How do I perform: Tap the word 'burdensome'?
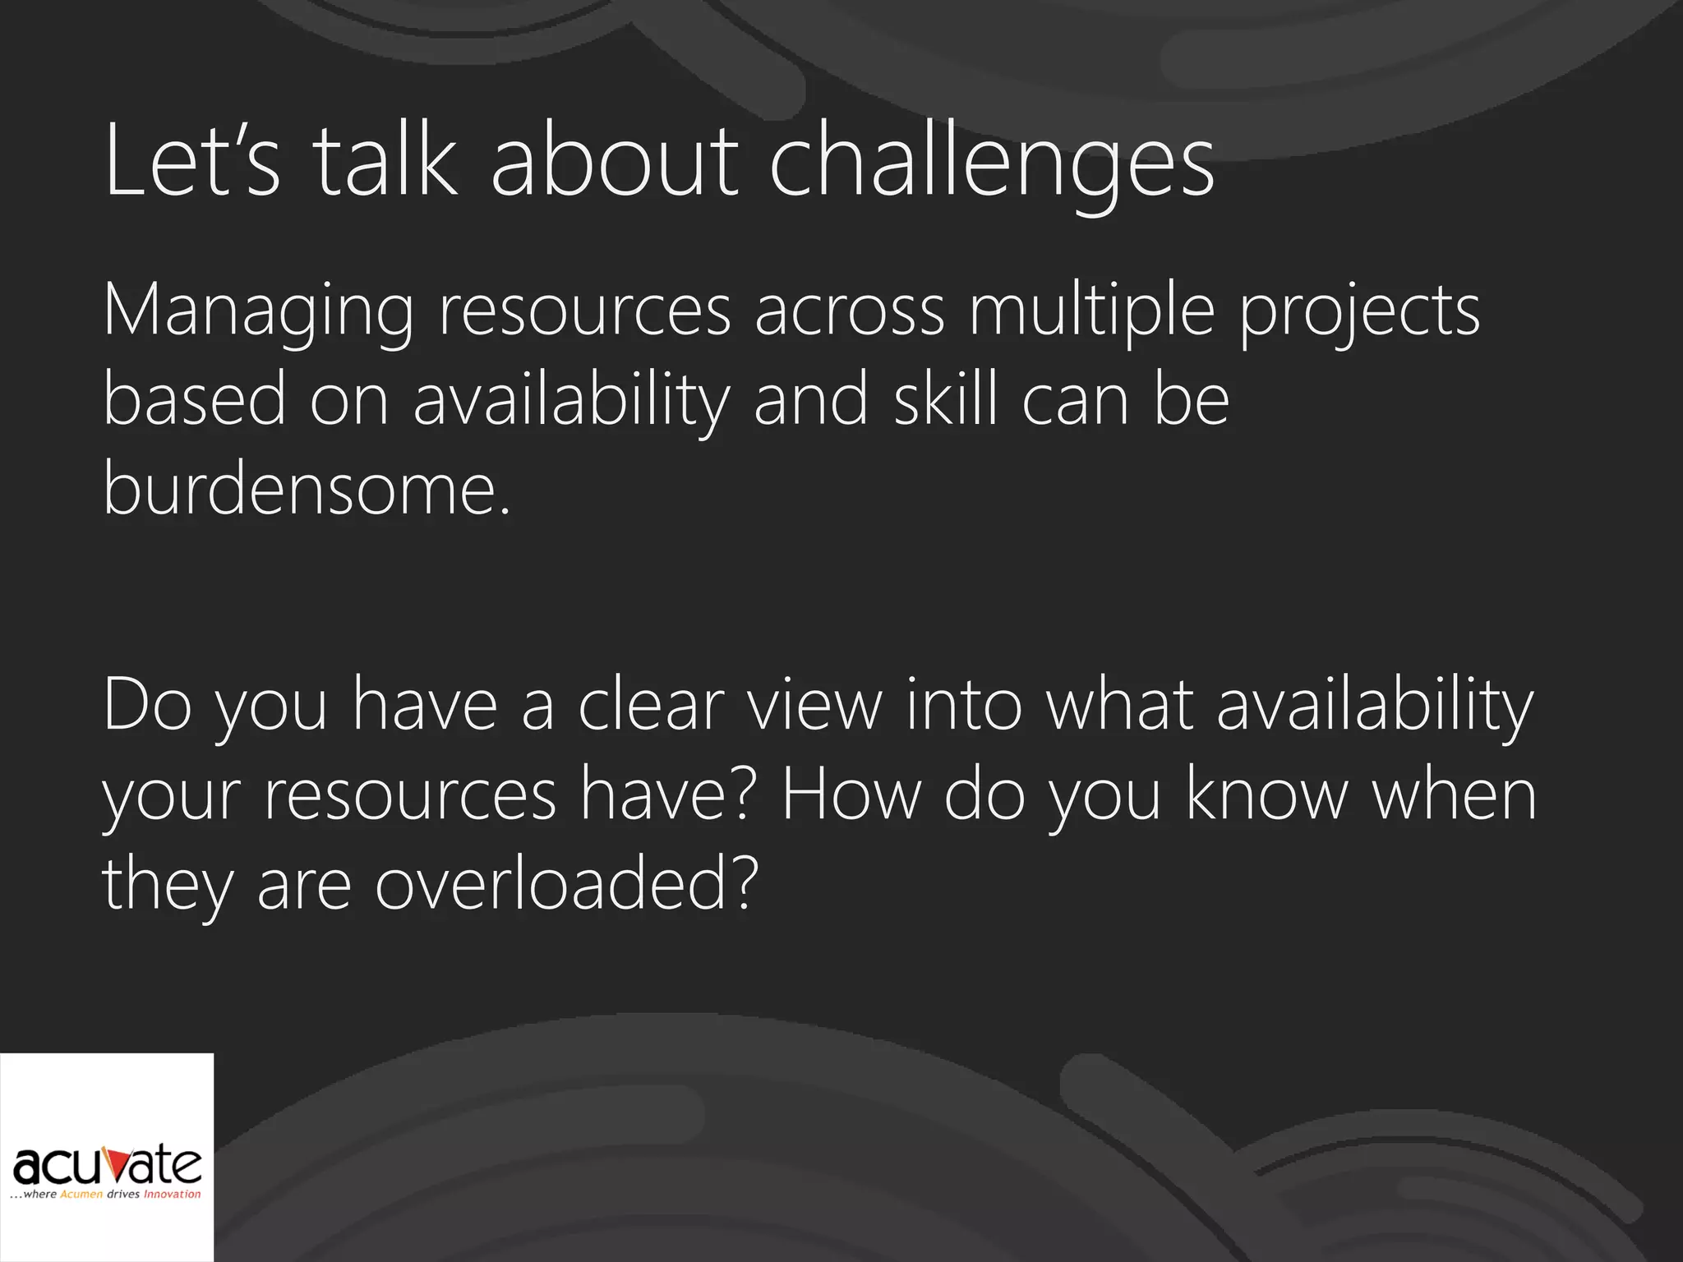(301, 488)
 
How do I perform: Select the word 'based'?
(194, 399)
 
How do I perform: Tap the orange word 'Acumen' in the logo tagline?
(81, 1195)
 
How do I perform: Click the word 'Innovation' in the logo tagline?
(173, 1195)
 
